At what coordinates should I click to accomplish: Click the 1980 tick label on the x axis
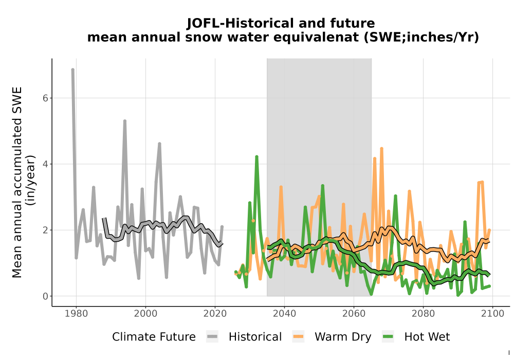[77, 314]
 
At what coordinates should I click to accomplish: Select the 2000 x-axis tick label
[145, 314]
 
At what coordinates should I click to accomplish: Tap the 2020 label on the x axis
[215, 314]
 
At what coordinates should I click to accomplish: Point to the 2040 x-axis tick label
[285, 314]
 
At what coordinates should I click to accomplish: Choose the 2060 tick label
[354, 314]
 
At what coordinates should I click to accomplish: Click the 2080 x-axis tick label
[423, 314]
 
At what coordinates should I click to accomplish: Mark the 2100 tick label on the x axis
[492, 314]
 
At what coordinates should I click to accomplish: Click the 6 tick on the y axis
[46, 98]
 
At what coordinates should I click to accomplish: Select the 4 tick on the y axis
[46, 164]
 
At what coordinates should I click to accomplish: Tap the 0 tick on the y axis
[46, 296]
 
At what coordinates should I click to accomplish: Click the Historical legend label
[255, 337]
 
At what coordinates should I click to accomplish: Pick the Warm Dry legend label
[343, 337]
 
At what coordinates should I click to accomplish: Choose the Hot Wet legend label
[427, 337]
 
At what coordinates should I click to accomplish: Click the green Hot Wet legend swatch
[388, 337]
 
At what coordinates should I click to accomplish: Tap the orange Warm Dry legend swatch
[298, 337]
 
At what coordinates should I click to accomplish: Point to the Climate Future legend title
[154, 337]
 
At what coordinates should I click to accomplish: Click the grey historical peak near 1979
[73, 69]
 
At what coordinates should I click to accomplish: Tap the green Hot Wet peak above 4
[256, 157]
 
